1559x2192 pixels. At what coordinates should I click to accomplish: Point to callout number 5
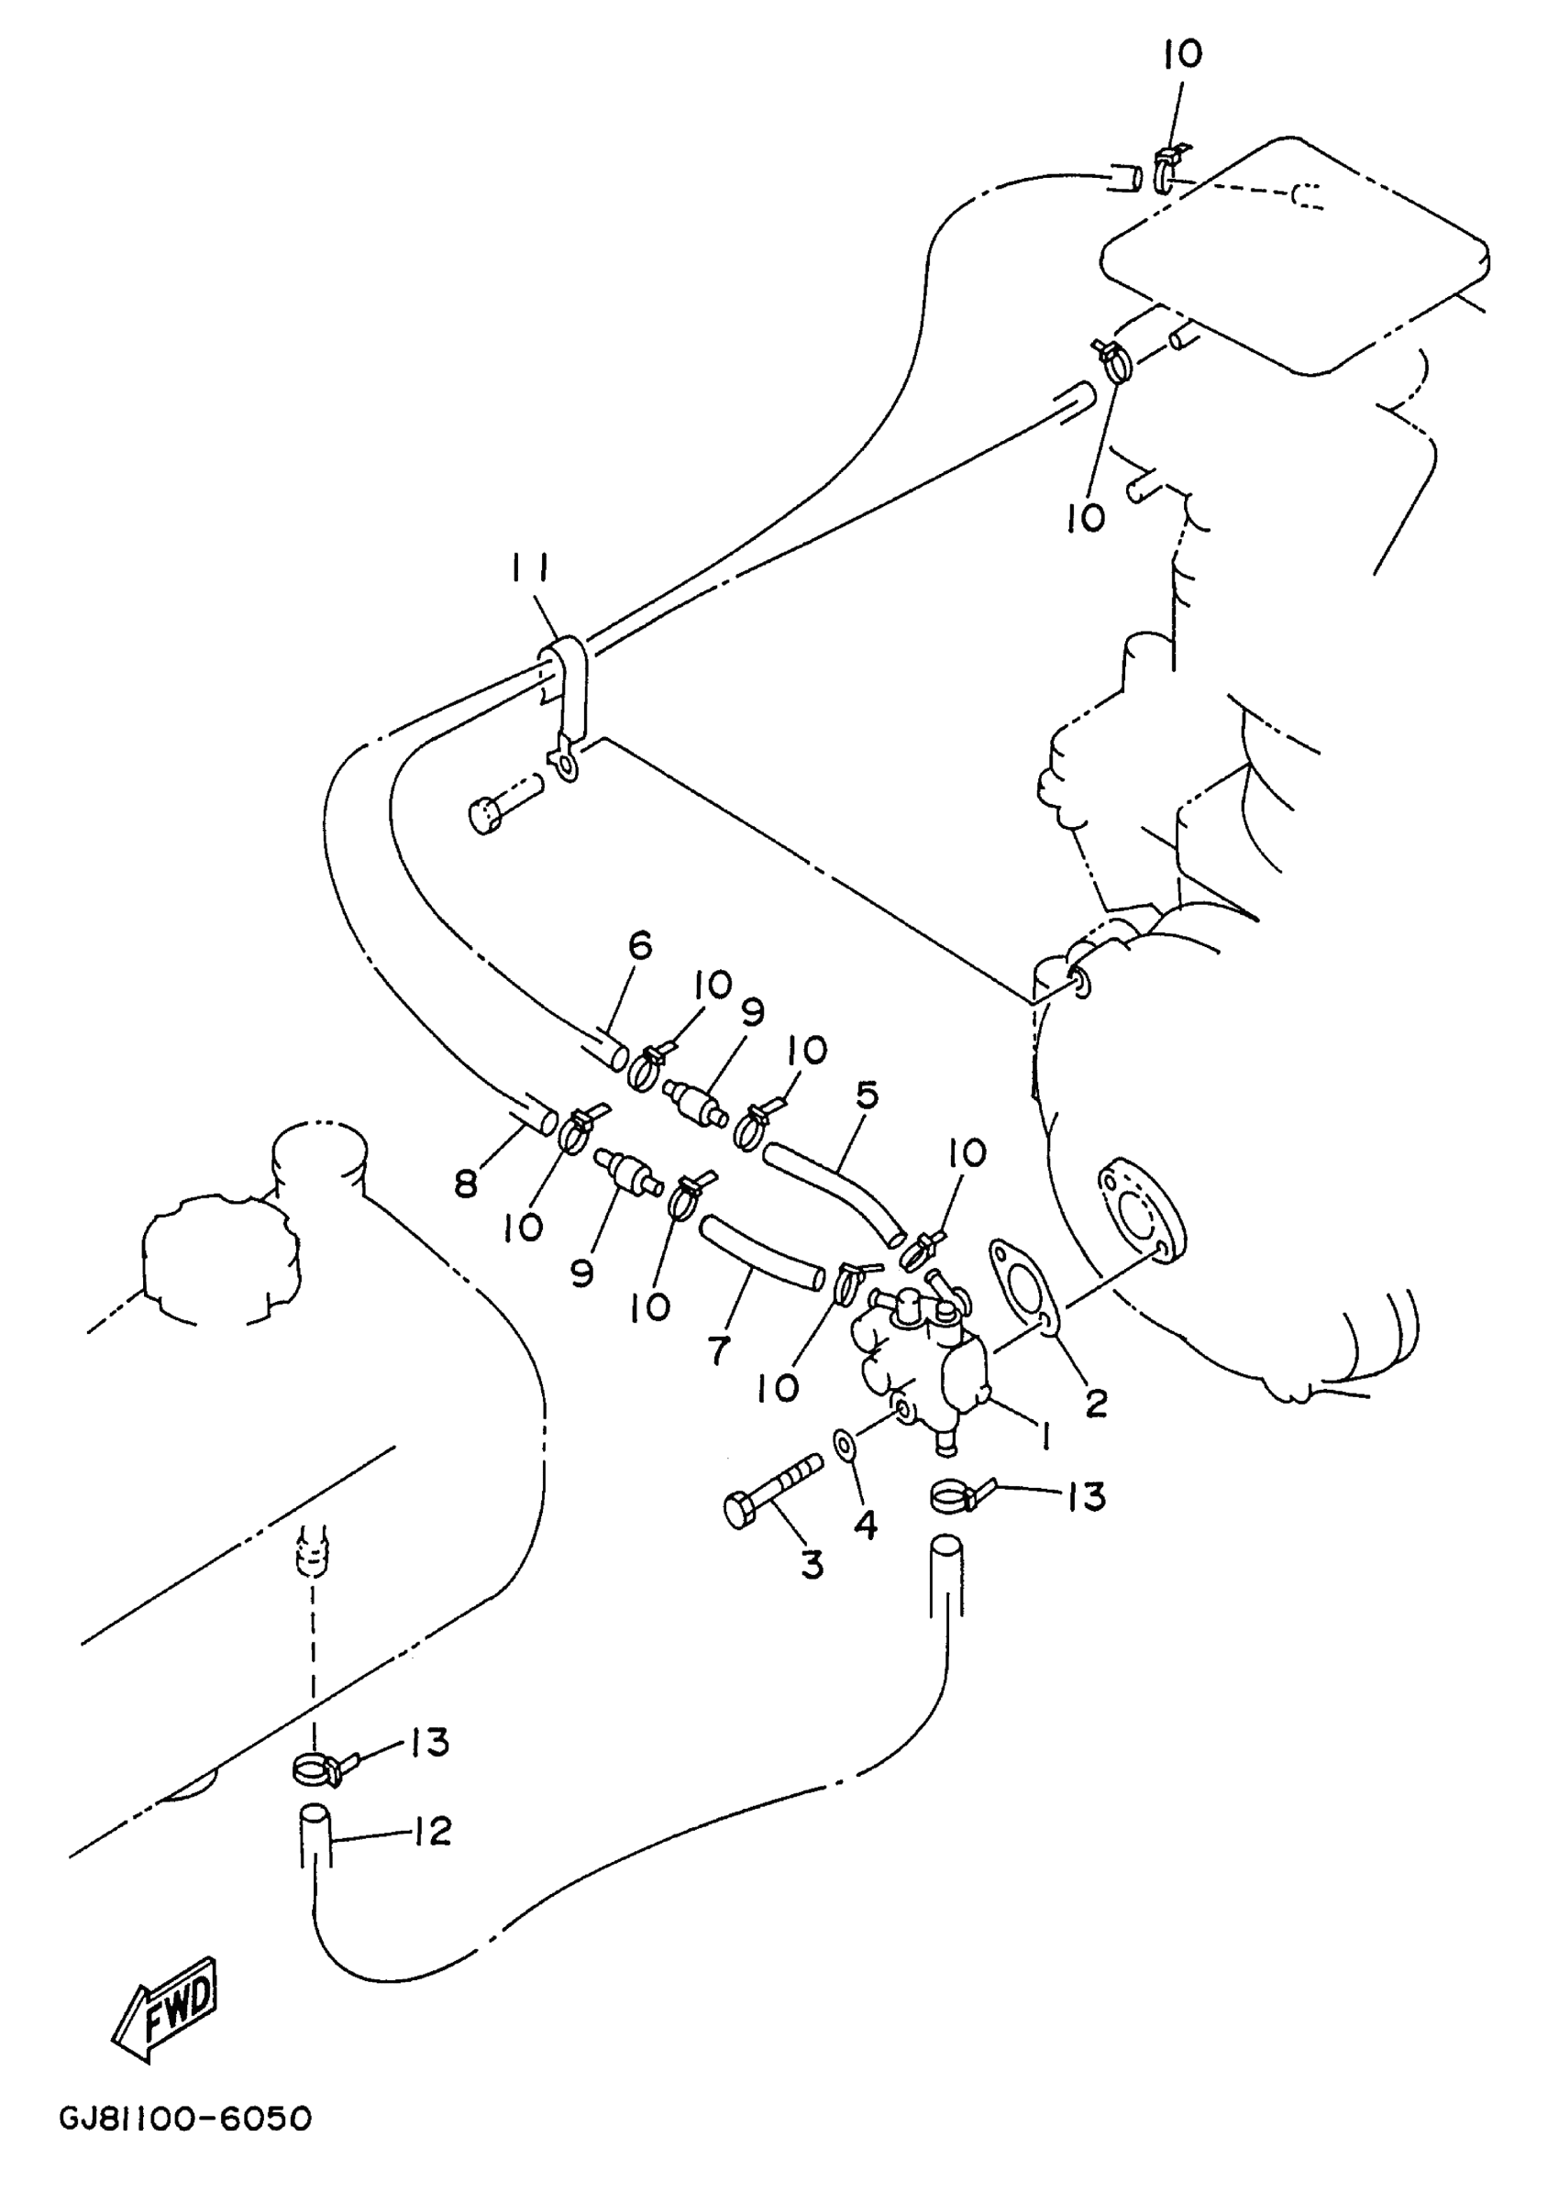(x=867, y=1096)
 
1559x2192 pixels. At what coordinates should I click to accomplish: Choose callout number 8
(x=467, y=1185)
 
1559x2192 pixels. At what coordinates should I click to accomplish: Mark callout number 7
(x=719, y=1350)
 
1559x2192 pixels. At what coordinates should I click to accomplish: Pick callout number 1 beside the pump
(x=1043, y=1437)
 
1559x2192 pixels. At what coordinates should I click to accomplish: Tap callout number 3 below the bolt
(x=813, y=1565)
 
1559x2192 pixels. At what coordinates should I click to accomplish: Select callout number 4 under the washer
(x=866, y=1523)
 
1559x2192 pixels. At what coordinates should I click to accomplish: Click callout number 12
(x=433, y=1831)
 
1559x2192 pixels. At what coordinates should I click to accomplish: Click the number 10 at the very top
(x=1183, y=55)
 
